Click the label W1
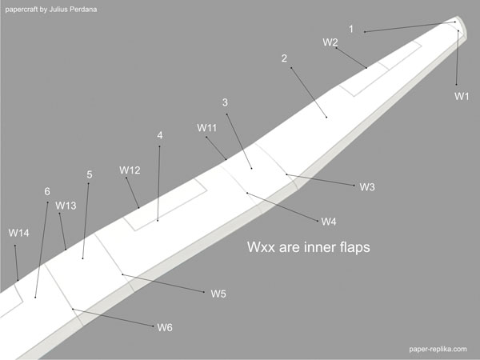click(x=462, y=96)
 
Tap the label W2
click(x=330, y=42)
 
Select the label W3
click(x=367, y=187)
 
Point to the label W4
click(x=329, y=222)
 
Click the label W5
click(x=218, y=294)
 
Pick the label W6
click(x=165, y=327)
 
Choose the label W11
click(x=207, y=128)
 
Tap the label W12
click(x=130, y=170)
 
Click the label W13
click(x=66, y=206)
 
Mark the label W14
click(x=19, y=233)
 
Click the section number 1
click(x=350, y=29)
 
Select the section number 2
click(x=284, y=58)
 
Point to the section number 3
click(x=225, y=102)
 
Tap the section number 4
click(x=160, y=135)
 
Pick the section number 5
click(x=90, y=174)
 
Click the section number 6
click(x=47, y=191)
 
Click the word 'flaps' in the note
click(x=350, y=248)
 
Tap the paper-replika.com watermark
click(x=436, y=349)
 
